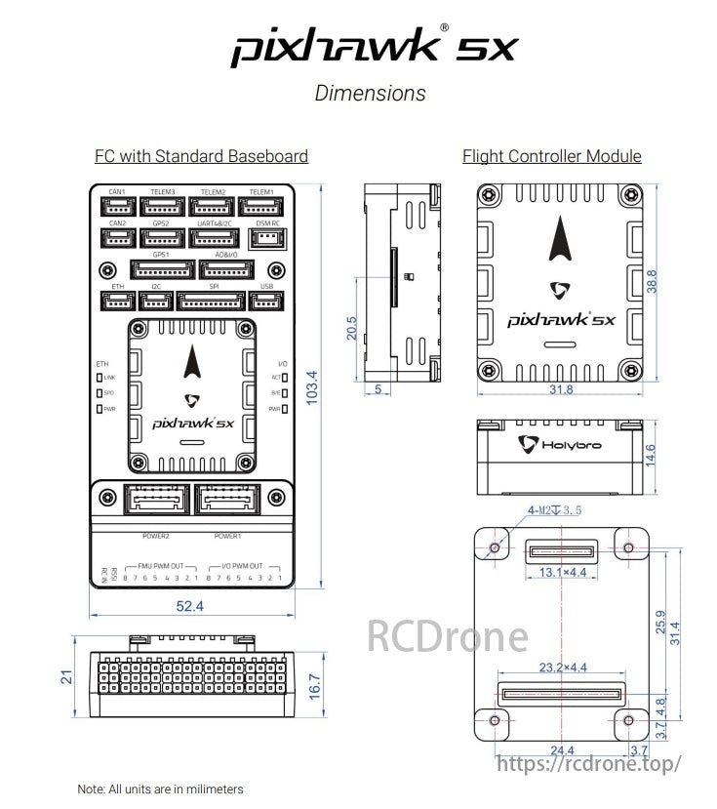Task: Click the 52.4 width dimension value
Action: [x=189, y=606]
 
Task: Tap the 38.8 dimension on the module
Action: [x=653, y=281]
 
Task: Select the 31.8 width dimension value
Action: [x=561, y=389]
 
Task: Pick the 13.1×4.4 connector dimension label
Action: [x=563, y=572]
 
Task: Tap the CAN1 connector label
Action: [x=117, y=191]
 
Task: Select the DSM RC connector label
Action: [x=267, y=223]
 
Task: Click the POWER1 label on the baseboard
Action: [x=227, y=536]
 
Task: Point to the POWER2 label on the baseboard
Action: [x=156, y=536]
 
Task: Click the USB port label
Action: [x=267, y=286]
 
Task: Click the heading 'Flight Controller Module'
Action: [x=551, y=156]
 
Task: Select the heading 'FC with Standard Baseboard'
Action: [x=201, y=156]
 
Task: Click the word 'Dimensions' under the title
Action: [x=370, y=94]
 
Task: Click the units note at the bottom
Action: [x=160, y=789]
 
